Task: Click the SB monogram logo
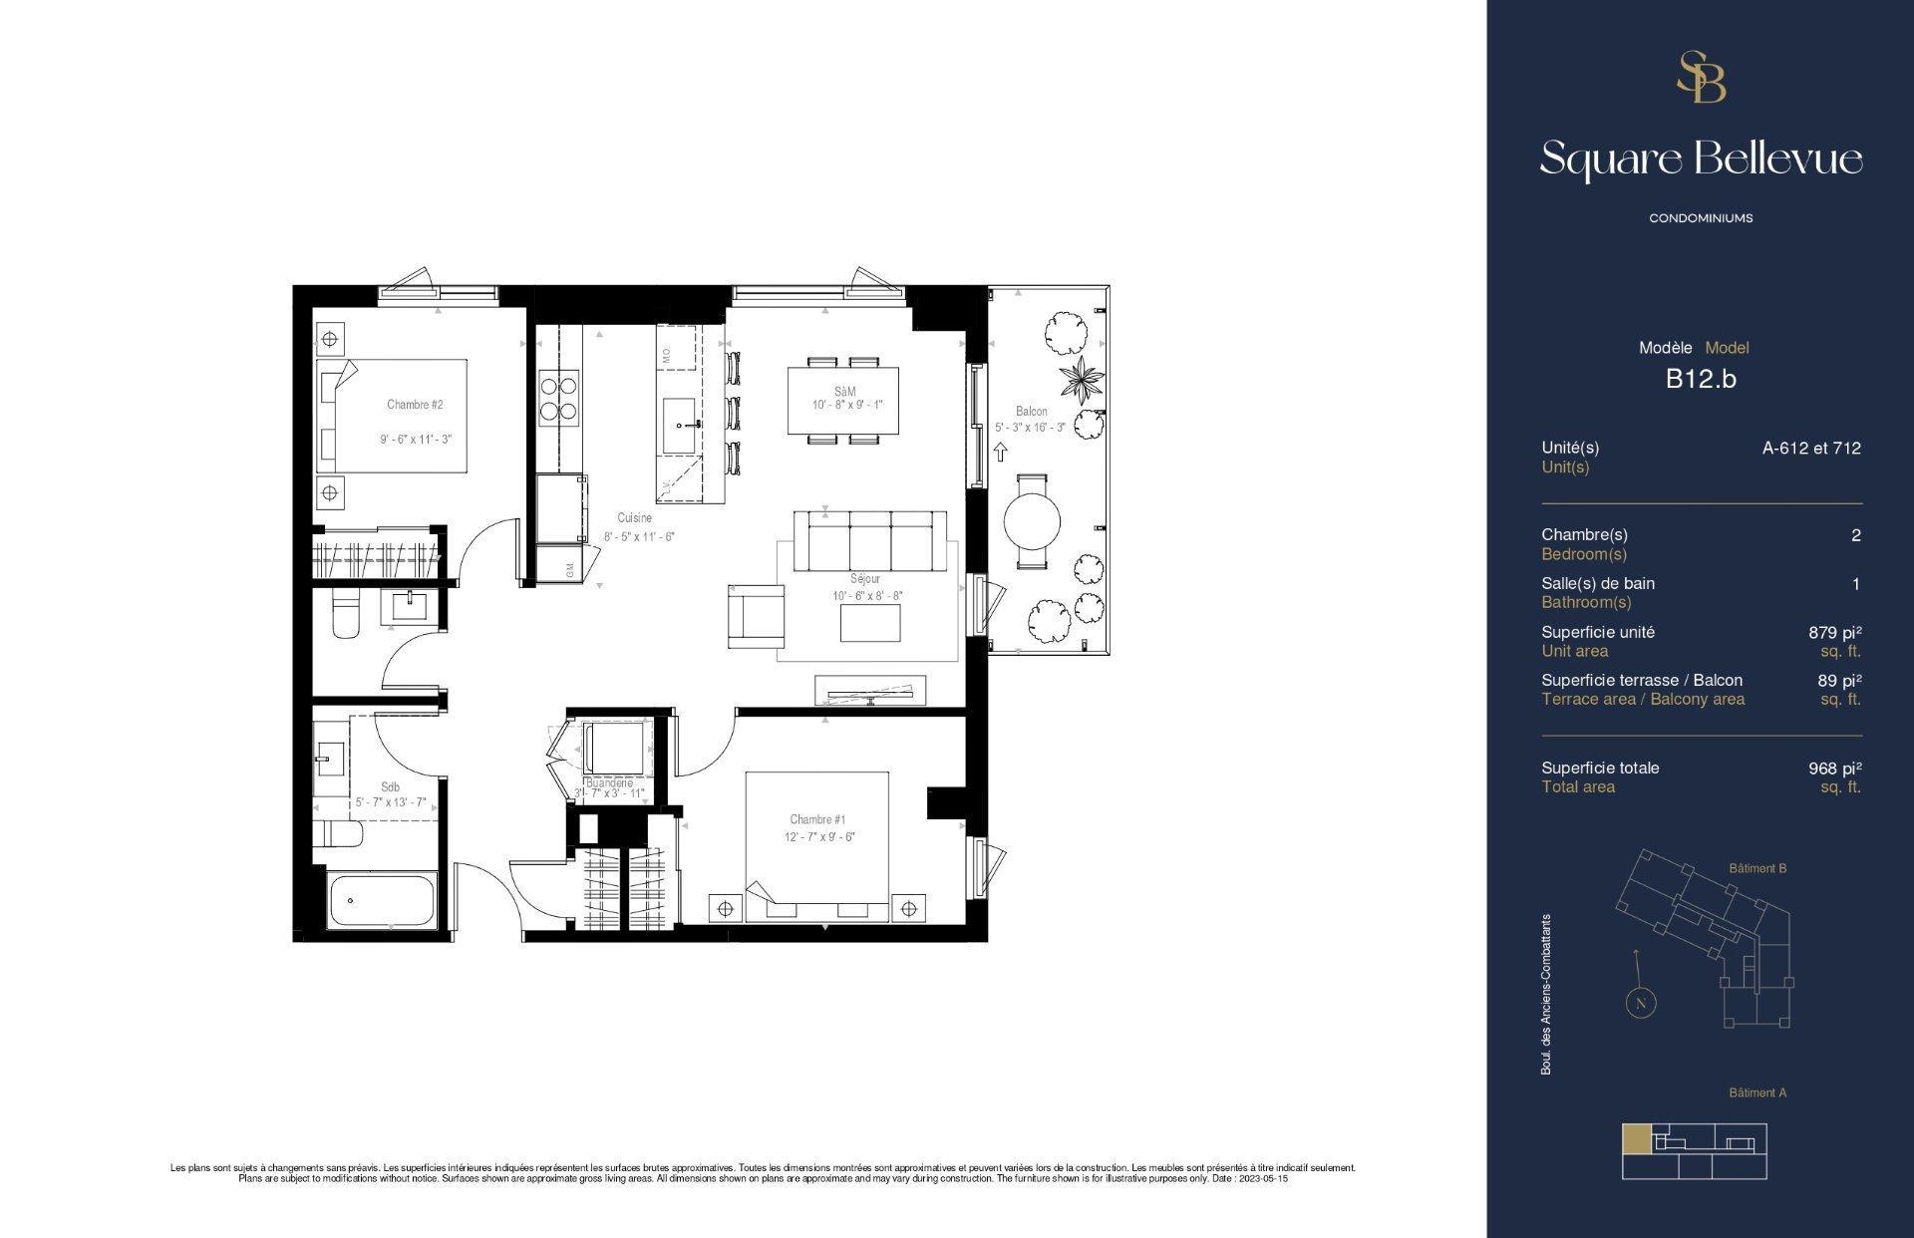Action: coord(1701,78)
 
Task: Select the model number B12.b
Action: coord(1701,379)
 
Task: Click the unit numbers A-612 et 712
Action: coord(1810,449)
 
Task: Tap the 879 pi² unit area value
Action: coord(1834,632)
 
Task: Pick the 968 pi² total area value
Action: coord(1834,769)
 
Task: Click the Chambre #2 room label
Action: coord(415,405)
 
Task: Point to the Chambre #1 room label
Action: coord(817,819)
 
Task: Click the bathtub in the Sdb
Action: coord(383,900)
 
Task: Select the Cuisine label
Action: coord(635,518)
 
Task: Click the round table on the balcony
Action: coord(1032,520)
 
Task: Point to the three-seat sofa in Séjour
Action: coord(869,542)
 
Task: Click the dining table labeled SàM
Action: coord(843,400)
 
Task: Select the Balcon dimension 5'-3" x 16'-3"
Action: coord(1030,428)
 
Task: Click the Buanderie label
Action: coord(610,783)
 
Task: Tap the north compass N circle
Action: coord(1640,1003)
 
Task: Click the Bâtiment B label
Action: coord(1756,868)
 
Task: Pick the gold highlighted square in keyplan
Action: coord(1636,1138)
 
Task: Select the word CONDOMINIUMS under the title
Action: coord(1701,218)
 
